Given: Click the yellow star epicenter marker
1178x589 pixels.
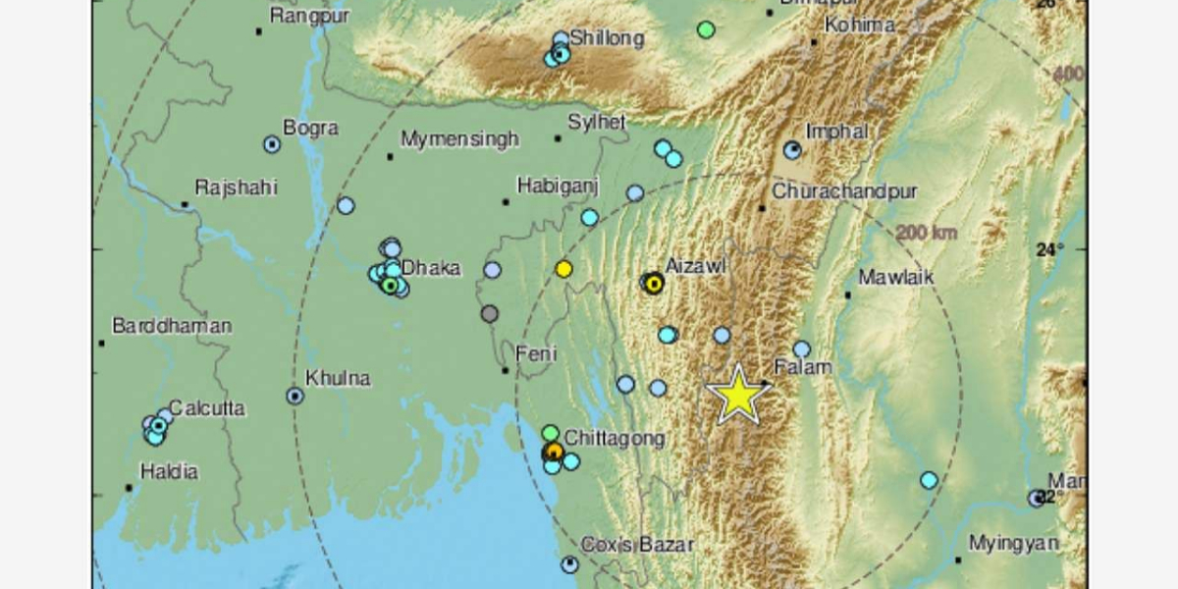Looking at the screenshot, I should tap(738, 395).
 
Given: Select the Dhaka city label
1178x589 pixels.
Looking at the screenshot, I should tap(430, 267).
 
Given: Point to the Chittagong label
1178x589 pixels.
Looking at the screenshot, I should tap(615, 438).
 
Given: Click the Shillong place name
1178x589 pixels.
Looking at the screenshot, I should tap(607, 39).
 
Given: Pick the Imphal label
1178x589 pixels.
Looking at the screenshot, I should tap(836, 131).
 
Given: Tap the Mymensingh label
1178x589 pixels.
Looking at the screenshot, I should tap(459, 139).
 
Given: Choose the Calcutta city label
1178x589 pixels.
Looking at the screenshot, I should tap(206, 408).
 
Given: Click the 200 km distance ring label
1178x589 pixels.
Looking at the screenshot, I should tap(926, 234).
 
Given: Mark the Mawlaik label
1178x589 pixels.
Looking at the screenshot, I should tap(895, 278).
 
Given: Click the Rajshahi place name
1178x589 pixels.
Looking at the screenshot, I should tap(237, 187).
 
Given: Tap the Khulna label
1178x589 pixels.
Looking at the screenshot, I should tap(338, 378).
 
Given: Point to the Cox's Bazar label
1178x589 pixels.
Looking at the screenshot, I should tap(637, 544).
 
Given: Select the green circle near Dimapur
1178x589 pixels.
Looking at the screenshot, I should tap(706, 29).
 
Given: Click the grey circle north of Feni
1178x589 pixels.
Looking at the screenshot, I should tap(489, 314).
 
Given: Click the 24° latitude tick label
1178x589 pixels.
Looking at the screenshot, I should tap(1049, 249).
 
